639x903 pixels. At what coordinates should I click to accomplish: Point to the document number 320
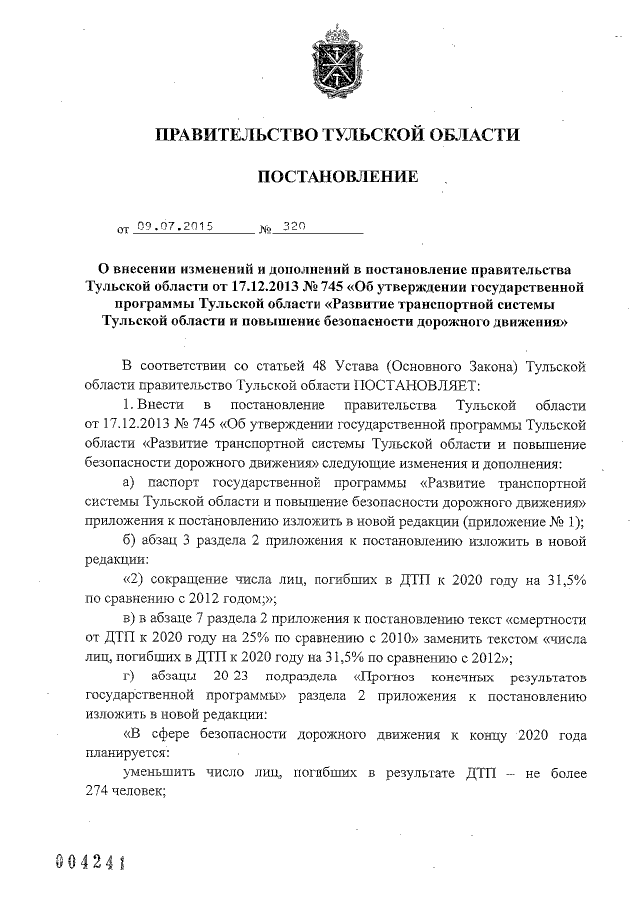click(x=294, y=226)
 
